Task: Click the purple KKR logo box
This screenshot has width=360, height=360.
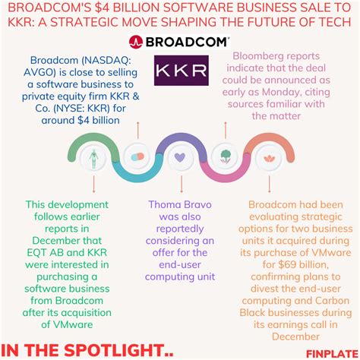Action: [182, 71]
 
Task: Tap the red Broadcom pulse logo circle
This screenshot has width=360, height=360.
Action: [136, 42]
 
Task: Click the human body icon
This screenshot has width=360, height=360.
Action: [93, 159]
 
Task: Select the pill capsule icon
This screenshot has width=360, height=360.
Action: [137, 157]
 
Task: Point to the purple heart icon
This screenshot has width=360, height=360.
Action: [180, 157]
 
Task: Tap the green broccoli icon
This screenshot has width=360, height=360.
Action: [225, 156]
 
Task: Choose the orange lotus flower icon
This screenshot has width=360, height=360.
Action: [269, 159]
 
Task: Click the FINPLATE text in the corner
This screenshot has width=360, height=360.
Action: [333, 354]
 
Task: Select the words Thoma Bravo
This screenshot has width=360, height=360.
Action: [180, 204]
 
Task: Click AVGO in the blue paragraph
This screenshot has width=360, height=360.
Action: [38, 72]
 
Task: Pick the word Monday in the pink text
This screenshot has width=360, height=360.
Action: [281, 92]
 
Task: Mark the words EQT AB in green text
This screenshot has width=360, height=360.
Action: [43, 253]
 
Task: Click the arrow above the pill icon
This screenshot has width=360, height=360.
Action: [138, 130]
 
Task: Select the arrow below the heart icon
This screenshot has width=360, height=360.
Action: [182, 185]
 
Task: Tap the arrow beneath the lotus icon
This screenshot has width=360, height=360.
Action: [269, 184]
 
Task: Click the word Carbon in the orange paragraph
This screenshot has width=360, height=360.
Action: [332, 301]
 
